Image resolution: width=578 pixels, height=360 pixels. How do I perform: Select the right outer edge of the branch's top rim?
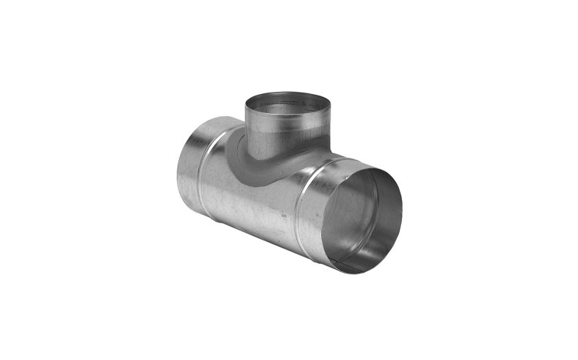tap(330, 106)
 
